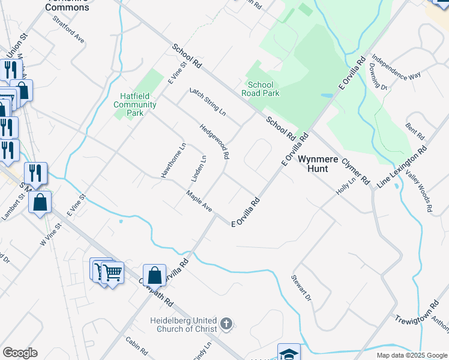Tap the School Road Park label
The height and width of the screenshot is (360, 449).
pos(261,89)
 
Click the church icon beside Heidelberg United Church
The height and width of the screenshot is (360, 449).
pos(226,325)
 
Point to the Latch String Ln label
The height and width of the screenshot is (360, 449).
pos(207,103)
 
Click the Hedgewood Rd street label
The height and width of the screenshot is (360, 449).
pos(214,142)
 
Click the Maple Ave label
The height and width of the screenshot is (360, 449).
pos(199,202)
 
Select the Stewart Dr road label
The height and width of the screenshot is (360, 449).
pos(302,288)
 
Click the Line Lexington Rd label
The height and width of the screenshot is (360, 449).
pos(402,167)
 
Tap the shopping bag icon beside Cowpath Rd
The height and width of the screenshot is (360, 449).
pos(155,275)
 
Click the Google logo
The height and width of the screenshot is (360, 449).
pos(20,353)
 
